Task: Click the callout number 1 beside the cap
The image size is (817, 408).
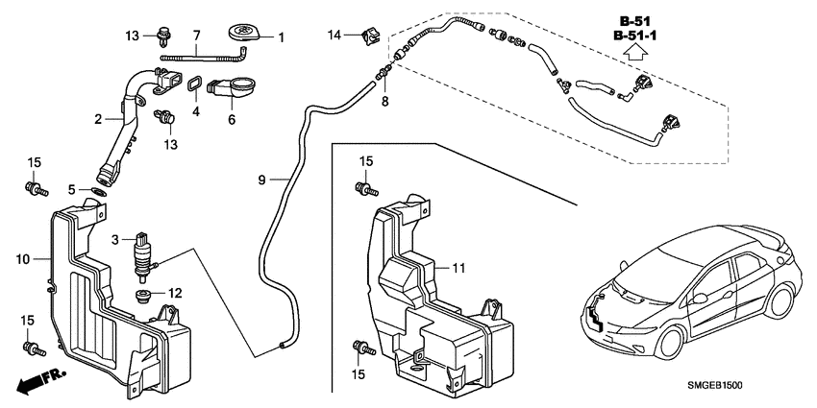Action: click(282, 38)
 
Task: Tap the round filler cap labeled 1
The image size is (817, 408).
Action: click(246, 36)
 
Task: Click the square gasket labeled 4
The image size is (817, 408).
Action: click(193, 86)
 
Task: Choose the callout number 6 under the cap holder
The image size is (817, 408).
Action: click(231, 120)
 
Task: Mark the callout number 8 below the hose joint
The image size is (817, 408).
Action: click(384, 100)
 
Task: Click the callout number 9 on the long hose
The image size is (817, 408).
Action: click(262, 179)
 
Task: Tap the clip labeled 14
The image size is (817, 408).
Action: click(364, 38)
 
